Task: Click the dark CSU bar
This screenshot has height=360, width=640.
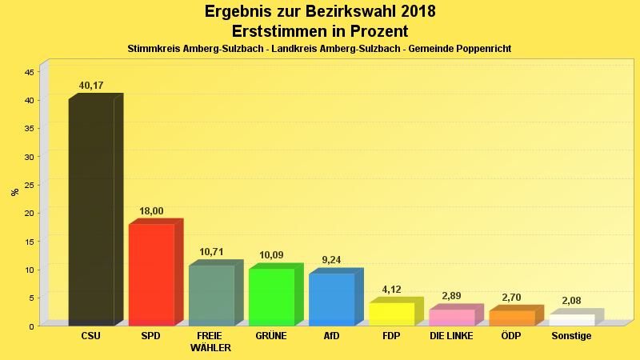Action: (91, 212)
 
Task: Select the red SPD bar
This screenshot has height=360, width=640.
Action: (151, 274)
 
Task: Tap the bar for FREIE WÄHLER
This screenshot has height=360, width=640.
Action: (211, 295)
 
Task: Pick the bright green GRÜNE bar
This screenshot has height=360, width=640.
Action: (271, 297)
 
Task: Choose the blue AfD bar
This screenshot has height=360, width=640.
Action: (331, 299)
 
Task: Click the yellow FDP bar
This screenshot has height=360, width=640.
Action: (391, 314)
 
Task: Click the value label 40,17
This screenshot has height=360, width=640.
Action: (91, 86)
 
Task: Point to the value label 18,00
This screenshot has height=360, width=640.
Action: (151, 211)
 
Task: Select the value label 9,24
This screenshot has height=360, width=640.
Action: (331, 260)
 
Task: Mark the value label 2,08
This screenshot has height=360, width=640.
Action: (572, 301)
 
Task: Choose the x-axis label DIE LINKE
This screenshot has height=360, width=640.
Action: (452, 336)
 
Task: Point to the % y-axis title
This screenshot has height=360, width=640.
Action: (14, 192)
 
